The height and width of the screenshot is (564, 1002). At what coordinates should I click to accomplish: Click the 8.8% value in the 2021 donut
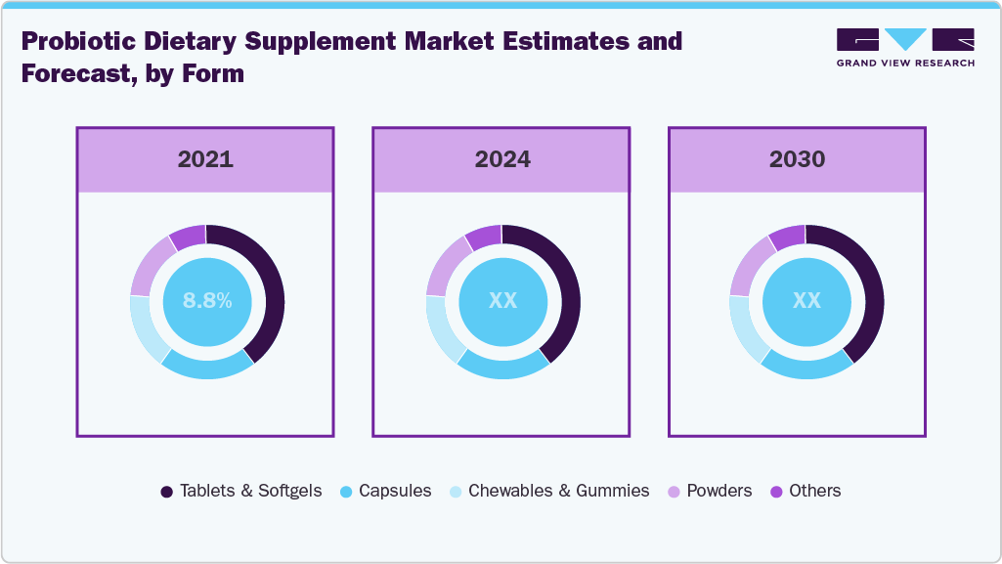(207, 301)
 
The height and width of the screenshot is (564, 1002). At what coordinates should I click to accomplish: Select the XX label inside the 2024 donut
(502, 301)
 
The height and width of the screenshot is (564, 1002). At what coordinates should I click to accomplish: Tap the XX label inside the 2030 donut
(806, 301)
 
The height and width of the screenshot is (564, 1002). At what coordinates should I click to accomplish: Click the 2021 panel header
(205, 159)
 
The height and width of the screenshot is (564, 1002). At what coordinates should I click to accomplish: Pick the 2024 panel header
(501, 159)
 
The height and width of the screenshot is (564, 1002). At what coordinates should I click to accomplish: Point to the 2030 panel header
(797, 159)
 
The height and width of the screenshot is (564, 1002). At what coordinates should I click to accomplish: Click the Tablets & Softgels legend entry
(240, 491)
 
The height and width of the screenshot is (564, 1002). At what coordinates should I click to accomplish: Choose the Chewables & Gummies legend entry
(548, 491)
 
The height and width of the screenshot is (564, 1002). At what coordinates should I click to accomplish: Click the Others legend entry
(805, 491)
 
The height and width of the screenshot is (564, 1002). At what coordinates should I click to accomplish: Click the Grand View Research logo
(905, 47)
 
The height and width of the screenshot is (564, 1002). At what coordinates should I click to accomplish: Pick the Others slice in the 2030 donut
(788, 238)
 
